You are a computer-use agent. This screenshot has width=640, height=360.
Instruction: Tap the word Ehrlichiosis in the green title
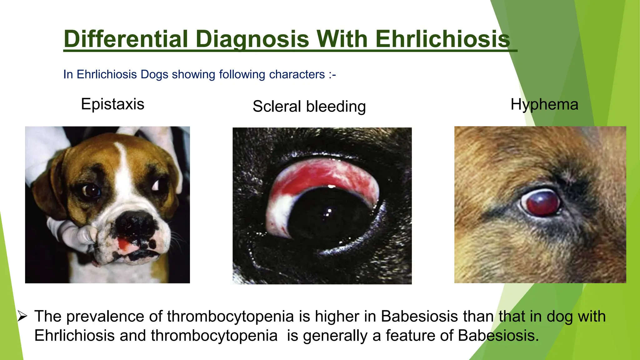pos(442,39)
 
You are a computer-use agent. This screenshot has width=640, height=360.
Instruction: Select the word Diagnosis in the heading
pos(252,39)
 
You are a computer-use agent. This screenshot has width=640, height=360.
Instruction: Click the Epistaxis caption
pos(112,104)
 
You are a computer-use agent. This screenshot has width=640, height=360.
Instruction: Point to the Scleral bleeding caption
pos(309,106)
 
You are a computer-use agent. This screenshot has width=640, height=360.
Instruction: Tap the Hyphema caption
pos(544,104)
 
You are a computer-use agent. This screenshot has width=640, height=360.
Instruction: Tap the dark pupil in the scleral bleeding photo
pos(328,216)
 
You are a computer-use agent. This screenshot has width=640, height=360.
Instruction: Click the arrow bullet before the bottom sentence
pos(22,316)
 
